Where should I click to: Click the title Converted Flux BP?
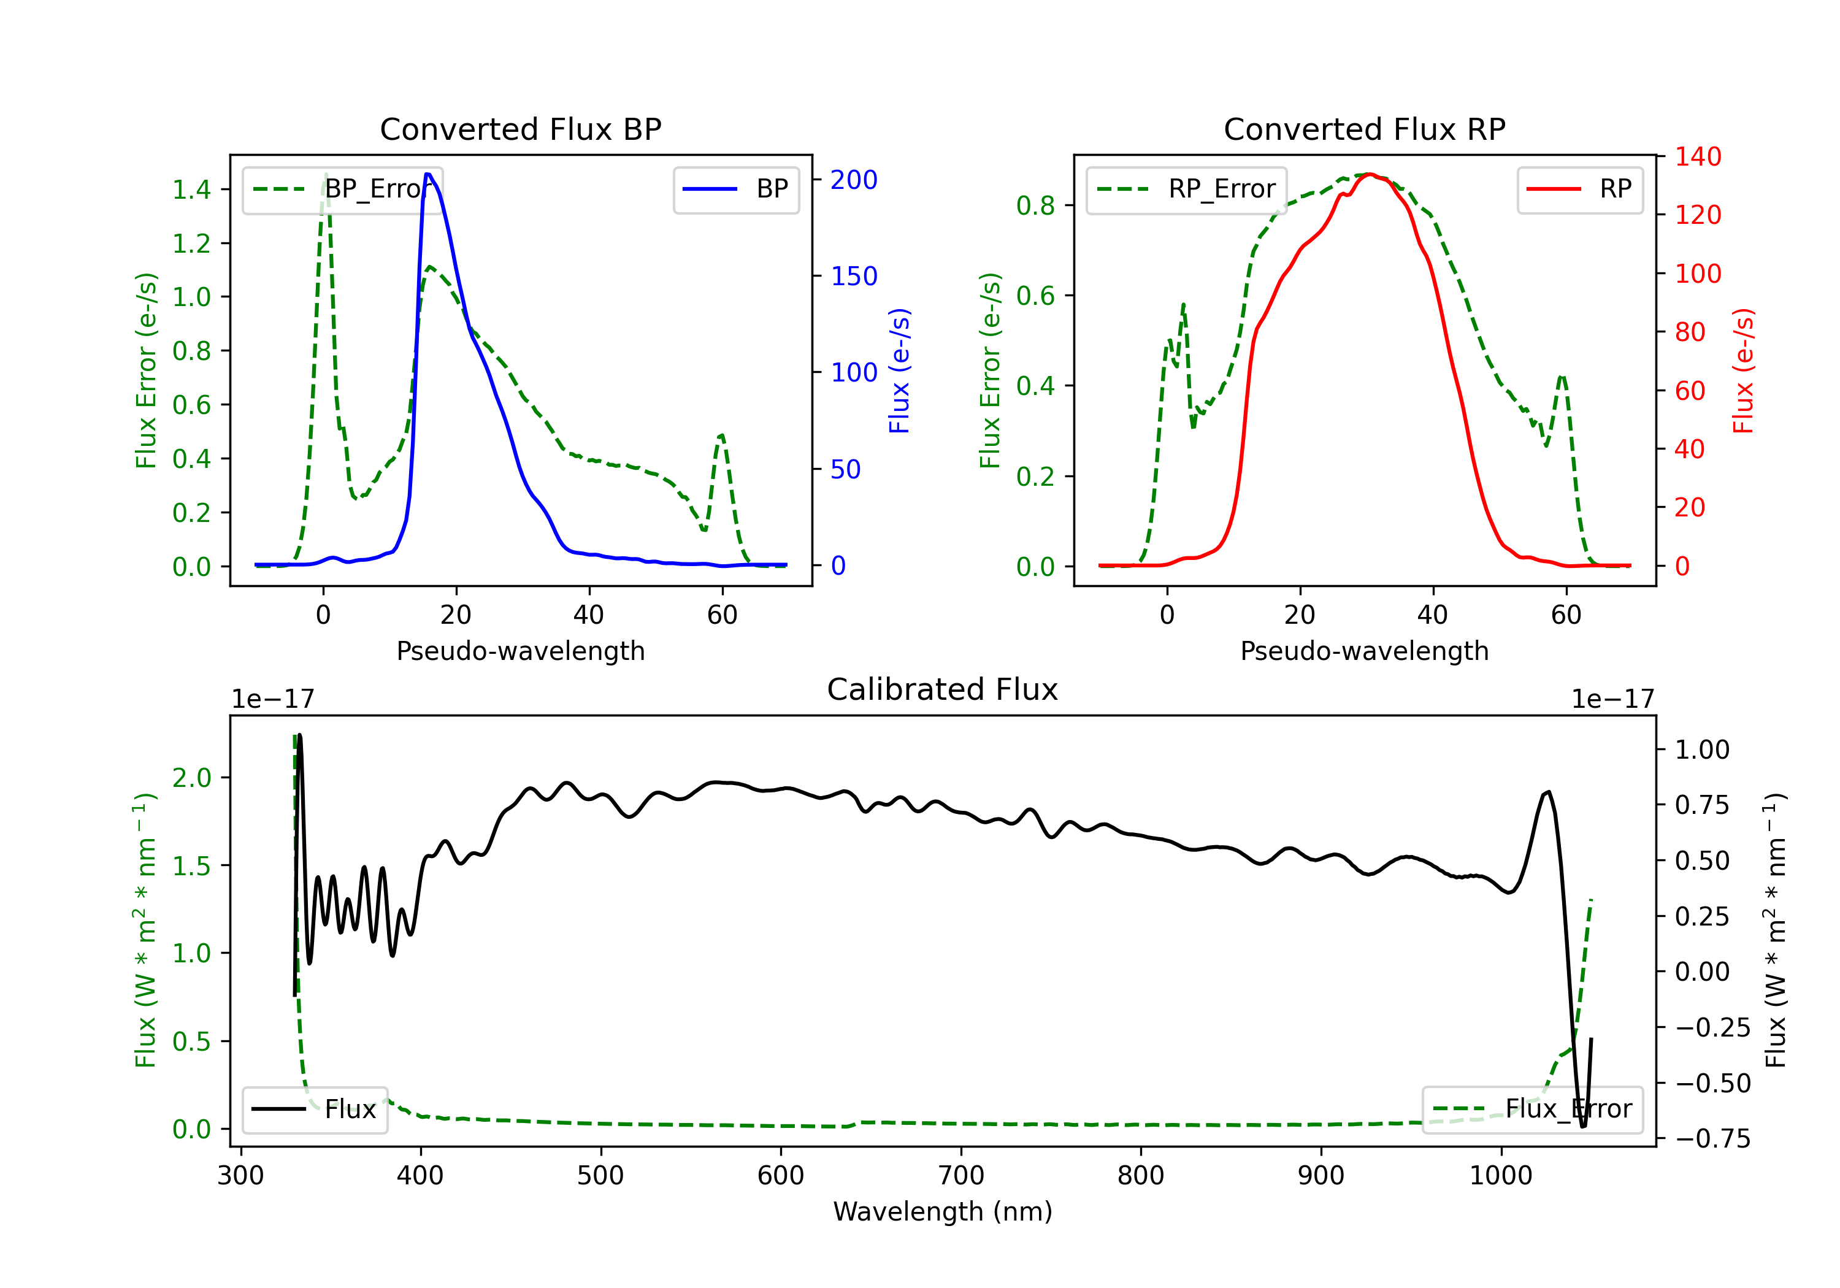(521, 129)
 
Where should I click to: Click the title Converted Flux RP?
(1365, 129)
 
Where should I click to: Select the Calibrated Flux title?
(943, 689)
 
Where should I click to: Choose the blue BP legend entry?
(735, 189)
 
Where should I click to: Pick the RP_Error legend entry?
(1186, 189)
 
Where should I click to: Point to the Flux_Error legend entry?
(1532, 1110)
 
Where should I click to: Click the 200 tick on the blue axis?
(854, 180)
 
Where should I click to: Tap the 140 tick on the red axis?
(1698, 156)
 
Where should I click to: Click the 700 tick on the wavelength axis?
(961, 1176)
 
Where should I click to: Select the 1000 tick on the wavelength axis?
(1501, 1176)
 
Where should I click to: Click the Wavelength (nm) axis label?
(943, 1212)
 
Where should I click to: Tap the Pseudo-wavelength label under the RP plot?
(1365, 651)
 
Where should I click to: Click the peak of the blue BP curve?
(428, 174)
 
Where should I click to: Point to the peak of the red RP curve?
(1370, 174)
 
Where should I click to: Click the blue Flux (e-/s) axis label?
(899, 371)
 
